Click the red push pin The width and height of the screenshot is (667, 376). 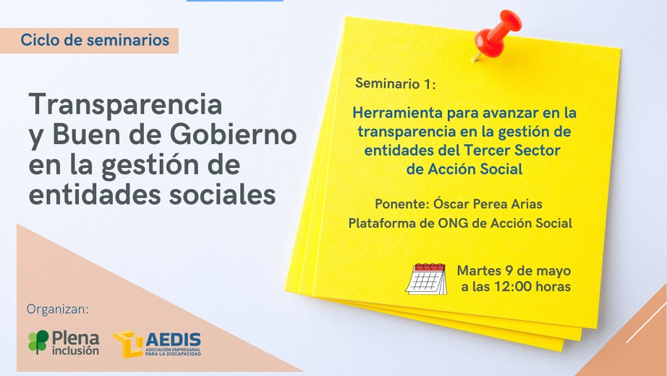(497, 35)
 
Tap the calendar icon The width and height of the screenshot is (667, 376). (426, 278)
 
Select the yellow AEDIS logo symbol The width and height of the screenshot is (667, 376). (128, 344)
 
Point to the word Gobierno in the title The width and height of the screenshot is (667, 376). (233, 135)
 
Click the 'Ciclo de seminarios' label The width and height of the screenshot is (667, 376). (95, 40)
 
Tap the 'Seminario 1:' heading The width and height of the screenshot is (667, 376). (396, 83)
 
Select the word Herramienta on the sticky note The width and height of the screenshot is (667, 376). (398, 113)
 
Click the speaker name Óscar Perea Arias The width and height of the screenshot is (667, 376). (488, 204)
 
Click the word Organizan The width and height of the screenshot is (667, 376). (58, 309)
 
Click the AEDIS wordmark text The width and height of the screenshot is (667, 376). (174, 340)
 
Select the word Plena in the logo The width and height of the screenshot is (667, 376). (76, 338)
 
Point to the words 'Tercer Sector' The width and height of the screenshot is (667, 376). (512, 150)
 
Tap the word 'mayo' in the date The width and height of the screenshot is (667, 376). (553, 272)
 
